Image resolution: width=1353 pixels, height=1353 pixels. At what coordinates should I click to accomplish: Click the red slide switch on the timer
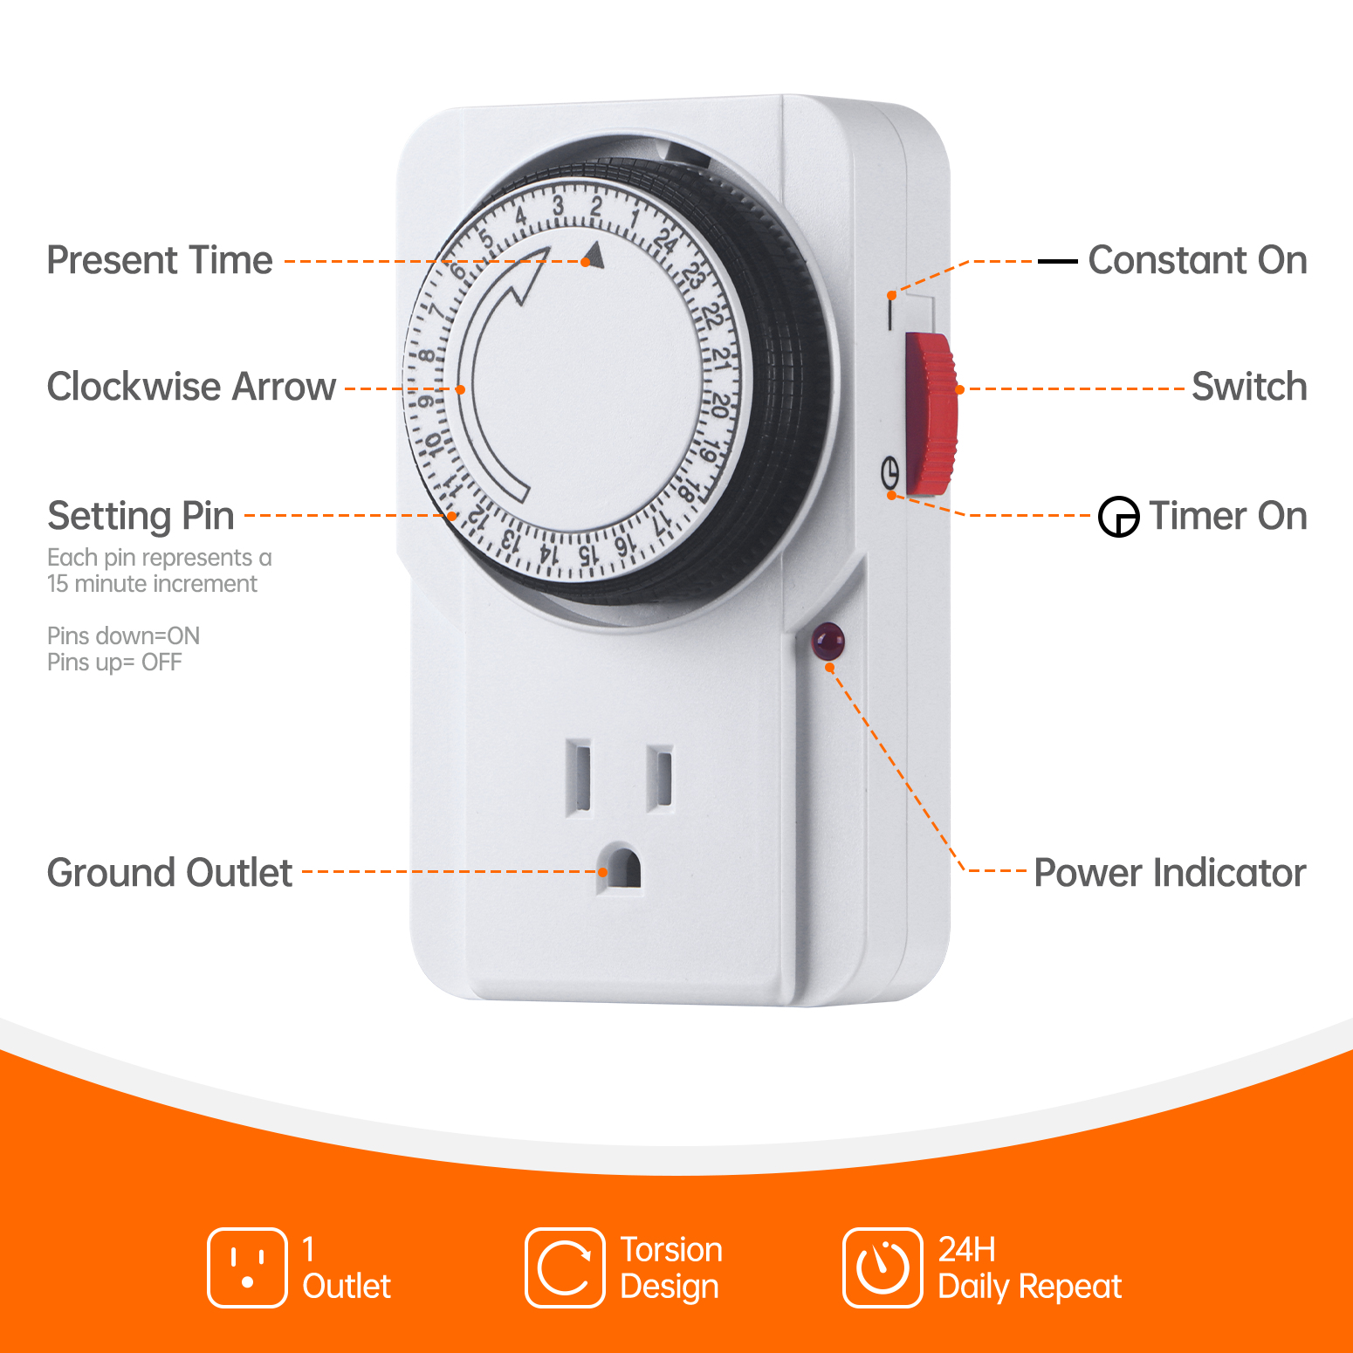(931, 414)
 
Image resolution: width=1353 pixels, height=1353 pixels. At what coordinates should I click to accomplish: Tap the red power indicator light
(828, 642)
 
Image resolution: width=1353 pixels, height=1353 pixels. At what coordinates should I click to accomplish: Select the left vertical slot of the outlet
(579, 776)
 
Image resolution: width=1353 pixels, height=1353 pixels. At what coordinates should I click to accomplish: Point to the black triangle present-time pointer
(594, 255)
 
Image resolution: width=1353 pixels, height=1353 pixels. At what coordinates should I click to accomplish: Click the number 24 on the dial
(667, 240)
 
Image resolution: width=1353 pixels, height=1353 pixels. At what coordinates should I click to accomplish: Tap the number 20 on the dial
(718, 405)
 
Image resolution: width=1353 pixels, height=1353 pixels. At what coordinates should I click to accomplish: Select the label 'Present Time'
(160, 260)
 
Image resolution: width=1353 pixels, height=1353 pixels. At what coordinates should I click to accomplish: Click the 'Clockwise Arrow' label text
(191, 387)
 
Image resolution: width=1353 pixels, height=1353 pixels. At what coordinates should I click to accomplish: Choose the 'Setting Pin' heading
(141, 515)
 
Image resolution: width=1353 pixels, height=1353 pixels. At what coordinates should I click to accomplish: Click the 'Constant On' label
(1197, 260)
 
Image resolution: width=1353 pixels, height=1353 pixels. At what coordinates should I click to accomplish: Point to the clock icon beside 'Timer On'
(1118, 517)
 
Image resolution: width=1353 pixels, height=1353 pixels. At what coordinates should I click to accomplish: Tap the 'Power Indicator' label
(1170, 873)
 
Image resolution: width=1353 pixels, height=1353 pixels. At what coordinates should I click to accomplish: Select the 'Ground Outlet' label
(169, 873)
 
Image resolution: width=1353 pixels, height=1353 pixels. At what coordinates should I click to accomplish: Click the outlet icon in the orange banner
(247, 1267)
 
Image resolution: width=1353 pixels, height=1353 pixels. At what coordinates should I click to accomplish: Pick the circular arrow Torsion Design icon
(565, 1267)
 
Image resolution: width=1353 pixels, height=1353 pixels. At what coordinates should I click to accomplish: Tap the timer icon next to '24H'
(883, 1267)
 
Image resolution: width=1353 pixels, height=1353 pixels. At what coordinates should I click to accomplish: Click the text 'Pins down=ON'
(123, 635)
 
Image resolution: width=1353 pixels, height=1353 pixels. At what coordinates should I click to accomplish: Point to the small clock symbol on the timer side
(889, 473)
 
